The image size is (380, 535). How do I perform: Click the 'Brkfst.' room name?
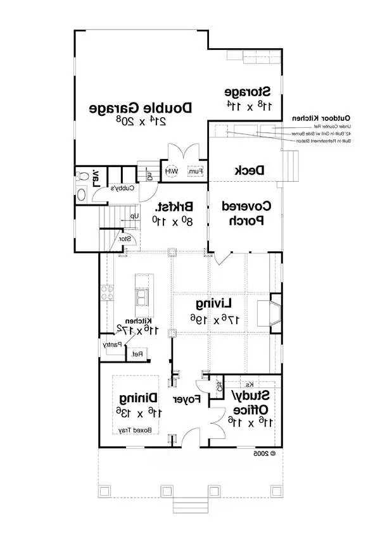click(175, 207)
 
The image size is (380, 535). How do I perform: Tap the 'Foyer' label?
click(188, 400)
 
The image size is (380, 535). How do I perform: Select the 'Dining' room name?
click(134, 398)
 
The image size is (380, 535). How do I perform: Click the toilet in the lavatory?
click(82, 194)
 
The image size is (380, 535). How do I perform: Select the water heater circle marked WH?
click(171, 172)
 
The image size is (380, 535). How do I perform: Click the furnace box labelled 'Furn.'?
click(195, 172)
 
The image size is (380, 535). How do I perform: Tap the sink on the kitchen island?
click(144, 297)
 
